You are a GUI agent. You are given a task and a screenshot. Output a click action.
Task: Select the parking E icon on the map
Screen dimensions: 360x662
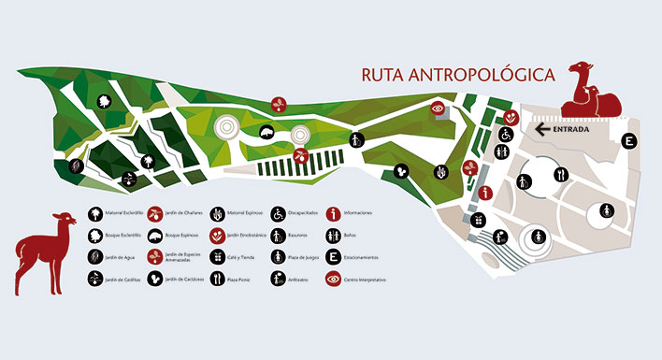click(630, 141)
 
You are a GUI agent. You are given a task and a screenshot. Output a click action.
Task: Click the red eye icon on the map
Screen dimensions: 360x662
click(436, 108)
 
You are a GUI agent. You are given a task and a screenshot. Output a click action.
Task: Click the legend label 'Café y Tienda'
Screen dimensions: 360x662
click(242, 257)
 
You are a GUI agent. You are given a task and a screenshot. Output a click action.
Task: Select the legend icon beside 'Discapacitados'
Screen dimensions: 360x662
click(278, 213)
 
